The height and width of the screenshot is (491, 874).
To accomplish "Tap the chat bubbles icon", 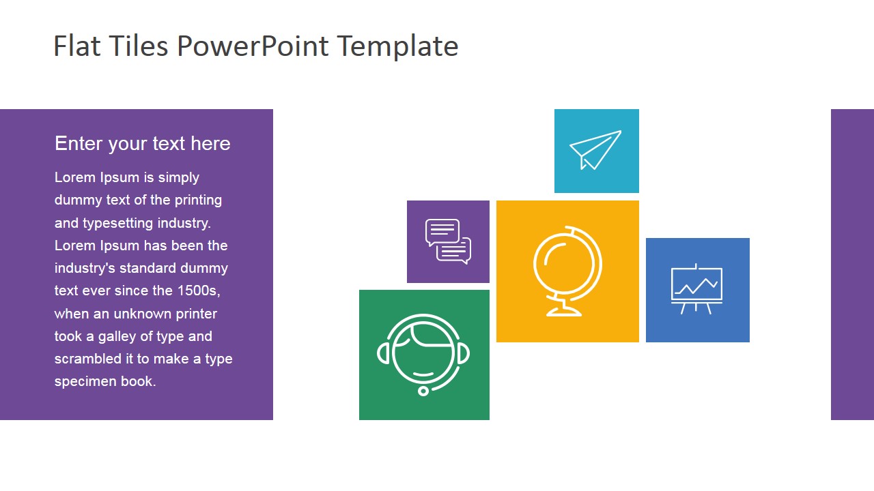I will [448, 241].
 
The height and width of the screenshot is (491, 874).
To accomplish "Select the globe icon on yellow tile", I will [567, 271].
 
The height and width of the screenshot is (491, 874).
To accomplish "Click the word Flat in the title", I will [76, 46].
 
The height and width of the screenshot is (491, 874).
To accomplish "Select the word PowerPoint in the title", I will [253, 46].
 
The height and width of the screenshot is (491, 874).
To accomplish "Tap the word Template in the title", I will [397, 46].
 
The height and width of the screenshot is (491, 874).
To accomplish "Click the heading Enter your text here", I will [142, 143].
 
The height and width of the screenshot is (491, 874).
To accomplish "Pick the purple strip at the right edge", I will [852, 265].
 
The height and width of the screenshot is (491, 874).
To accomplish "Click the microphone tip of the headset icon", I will [423, 391].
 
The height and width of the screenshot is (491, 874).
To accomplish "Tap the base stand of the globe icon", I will [564, 312].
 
